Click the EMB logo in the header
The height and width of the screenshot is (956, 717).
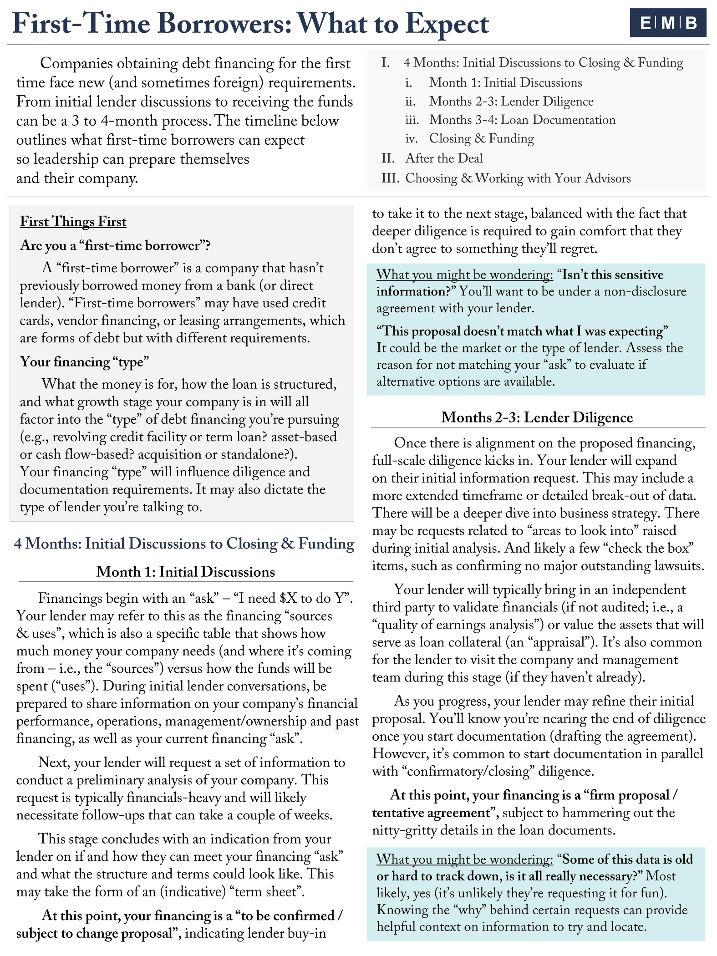point(668,23)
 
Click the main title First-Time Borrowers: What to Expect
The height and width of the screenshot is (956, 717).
point(250,24)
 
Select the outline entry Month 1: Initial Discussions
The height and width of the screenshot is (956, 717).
point(505,82)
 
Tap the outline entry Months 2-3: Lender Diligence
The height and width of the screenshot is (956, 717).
point(511,101)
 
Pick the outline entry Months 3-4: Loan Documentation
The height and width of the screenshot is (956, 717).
point(522,120)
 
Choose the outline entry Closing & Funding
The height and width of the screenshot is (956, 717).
point(482,138)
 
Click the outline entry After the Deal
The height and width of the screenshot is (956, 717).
point(444,158)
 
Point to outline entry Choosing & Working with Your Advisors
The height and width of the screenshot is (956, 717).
point(518,178)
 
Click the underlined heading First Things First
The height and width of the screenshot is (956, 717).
point(73,222)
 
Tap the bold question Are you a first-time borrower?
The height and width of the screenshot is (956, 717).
point(115,245)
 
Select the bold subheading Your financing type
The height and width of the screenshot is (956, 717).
point(84,362)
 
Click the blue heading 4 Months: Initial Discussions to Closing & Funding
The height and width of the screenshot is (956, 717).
point(184,544)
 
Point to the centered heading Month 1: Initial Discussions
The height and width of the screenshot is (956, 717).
point(185,572)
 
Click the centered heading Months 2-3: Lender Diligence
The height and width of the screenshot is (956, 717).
point(537,417)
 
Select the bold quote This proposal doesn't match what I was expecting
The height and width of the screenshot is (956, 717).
point(522,331)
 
